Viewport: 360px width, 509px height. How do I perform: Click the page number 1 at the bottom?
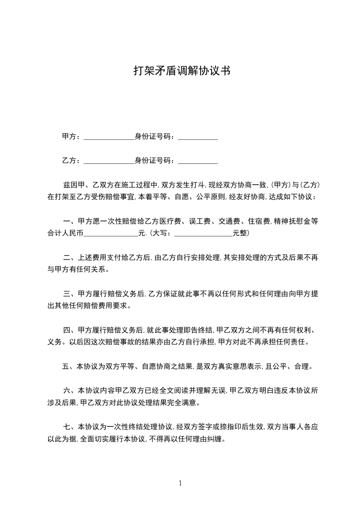pyautogui.click(x=180, y=483)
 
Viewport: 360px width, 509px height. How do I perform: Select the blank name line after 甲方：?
pyautogui.click(x=109, y=138)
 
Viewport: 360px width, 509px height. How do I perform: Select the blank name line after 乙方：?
pyautogui.click(x=109, y=162)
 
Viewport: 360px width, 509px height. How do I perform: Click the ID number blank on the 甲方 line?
pyautogui.click(x=198, y=138)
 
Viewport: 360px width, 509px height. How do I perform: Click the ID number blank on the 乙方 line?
pyautogui.click(x=198, y=162)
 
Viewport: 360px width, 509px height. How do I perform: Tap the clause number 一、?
pyautogui.click(x=69, y=221)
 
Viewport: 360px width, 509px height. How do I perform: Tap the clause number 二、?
pyautogui.click(x=69, y=258)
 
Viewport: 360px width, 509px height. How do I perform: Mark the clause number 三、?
pyautogui.click(x=69, y=294)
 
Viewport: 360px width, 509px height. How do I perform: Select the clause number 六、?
pyautogui.click(x=69, y=391)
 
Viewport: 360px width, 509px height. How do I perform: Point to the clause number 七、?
pyautogui.click(x=69, y=427)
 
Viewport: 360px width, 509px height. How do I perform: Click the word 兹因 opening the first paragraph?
pyautogui.click(x=69, y=185)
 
